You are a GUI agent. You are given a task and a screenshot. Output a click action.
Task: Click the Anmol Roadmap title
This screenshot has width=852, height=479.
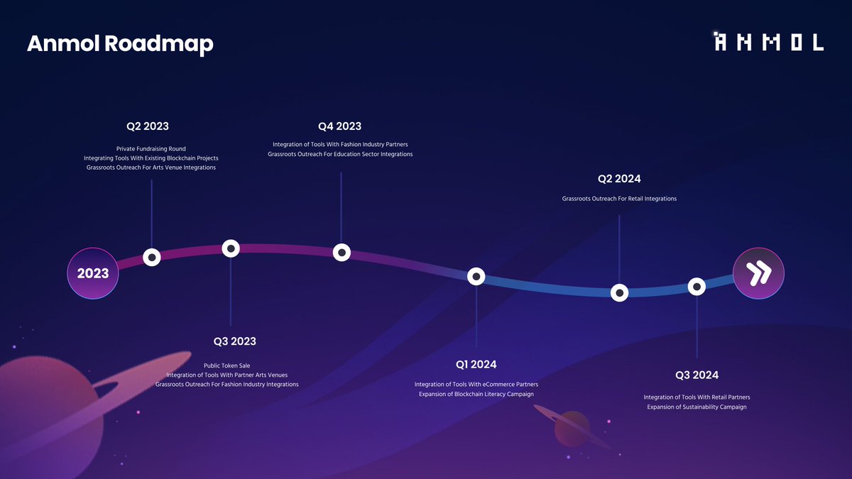tap(120, 44)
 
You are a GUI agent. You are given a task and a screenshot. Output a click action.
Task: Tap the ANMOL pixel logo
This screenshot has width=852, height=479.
tap(769, 42)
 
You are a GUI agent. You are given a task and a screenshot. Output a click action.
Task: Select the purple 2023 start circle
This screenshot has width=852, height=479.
tap(92, 273)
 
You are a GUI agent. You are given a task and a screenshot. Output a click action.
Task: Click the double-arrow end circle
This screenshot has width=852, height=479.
tap(758, 273)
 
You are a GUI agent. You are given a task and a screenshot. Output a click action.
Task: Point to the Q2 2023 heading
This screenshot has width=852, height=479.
tap(148, 126)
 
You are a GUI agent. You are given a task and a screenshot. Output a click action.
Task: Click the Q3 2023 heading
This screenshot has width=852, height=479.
tap(234, 341)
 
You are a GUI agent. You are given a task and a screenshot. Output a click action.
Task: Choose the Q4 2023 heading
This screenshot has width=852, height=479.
tap(340, 126)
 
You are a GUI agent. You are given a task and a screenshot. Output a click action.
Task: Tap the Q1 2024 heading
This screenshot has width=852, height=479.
tap(476, 365)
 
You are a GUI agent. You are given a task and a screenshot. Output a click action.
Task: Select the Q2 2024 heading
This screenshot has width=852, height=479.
tap(619, 179)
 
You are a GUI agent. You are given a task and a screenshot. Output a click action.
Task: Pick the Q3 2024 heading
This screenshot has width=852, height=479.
tap(697, 375)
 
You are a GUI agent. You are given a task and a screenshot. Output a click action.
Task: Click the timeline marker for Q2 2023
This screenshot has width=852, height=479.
tap(151, 257)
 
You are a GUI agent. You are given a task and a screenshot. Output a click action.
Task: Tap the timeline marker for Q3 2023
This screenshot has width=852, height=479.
tap(231, 248)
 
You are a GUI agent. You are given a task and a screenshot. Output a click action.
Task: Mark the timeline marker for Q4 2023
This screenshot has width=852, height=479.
tap(342, 252)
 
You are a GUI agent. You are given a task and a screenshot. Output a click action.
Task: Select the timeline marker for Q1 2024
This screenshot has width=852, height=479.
tap(476, 276)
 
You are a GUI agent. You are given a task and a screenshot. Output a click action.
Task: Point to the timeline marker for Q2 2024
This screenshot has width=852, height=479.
tap(620, 292)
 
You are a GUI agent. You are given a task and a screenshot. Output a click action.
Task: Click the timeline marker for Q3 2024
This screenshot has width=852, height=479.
tap(697, 287)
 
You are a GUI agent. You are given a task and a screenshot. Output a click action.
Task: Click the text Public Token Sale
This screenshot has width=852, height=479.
tap(227, 365)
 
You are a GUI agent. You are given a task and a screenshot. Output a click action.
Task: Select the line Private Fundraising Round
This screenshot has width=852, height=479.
tap(151, 149)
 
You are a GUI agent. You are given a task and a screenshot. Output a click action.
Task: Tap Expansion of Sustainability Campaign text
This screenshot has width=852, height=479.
tap(697, 407)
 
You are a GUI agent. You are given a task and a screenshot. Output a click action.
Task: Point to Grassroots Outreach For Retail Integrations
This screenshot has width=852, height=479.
tap(619, 199)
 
